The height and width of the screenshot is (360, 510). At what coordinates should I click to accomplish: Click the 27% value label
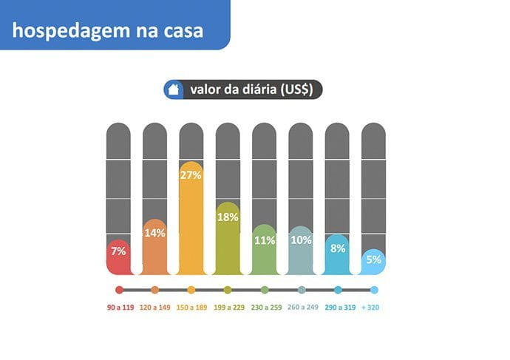tap(191, 174)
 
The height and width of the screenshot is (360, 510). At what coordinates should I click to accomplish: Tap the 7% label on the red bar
tap(118, 251)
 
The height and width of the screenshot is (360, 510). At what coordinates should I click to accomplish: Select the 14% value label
tap(154, 232)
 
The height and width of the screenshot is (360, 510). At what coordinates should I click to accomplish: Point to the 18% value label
tap(227, 217)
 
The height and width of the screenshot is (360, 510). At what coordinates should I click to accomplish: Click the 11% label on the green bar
tap(264, 240)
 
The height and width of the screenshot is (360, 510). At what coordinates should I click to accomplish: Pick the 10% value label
tap(300, 240)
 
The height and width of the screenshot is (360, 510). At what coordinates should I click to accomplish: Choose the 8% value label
tap(337, 248)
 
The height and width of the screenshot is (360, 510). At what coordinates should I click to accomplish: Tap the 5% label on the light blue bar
tap(373, 259)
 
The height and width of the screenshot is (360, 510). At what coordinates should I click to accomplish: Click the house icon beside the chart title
tap(174, 90)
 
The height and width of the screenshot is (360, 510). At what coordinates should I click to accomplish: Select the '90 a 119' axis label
tap(119, 307)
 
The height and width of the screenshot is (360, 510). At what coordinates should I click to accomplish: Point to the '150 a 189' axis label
tap(191, 307)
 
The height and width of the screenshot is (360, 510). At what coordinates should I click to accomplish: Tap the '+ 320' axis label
tap(373, 307)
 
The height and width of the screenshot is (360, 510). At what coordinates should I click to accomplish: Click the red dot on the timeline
tap(119, 291)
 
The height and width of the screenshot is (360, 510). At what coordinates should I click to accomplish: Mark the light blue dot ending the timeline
tap(374, 291)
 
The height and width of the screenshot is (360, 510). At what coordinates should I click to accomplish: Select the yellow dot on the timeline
tap(191, 291)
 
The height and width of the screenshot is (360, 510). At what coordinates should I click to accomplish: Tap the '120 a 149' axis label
tap(155, 307)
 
